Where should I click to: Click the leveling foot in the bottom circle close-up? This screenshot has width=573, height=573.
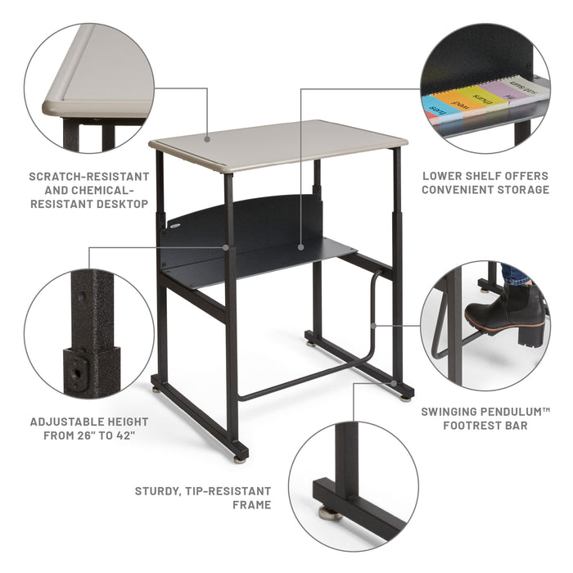[331, 513]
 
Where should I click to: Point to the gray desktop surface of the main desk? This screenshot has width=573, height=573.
[278, 144]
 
